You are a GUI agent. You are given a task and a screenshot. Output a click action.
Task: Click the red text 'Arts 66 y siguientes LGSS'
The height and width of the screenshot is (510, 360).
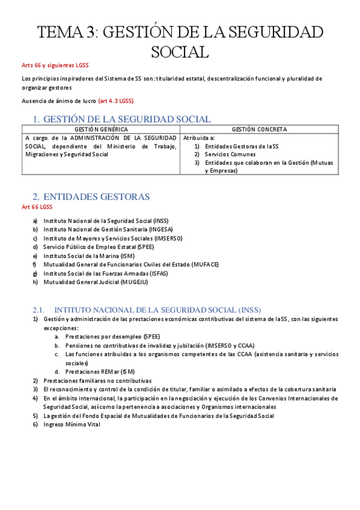[x=56, y=66]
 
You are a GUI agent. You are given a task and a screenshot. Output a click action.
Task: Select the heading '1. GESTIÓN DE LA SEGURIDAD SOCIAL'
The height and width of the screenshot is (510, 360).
[x=121, y=119]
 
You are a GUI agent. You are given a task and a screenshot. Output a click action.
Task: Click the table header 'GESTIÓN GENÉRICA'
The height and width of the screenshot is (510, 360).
[x=100, y=129]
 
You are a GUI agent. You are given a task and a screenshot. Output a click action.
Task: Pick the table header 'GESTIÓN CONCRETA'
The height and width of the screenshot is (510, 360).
[x=259, y=129]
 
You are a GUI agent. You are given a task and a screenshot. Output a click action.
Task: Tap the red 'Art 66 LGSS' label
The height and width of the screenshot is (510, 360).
[x=37, y=207]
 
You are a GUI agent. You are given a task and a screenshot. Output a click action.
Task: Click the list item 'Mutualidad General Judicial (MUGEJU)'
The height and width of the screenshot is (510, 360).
[x=96, y=281]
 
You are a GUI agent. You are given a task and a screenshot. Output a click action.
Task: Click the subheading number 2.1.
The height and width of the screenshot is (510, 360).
[x=38, y=309]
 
